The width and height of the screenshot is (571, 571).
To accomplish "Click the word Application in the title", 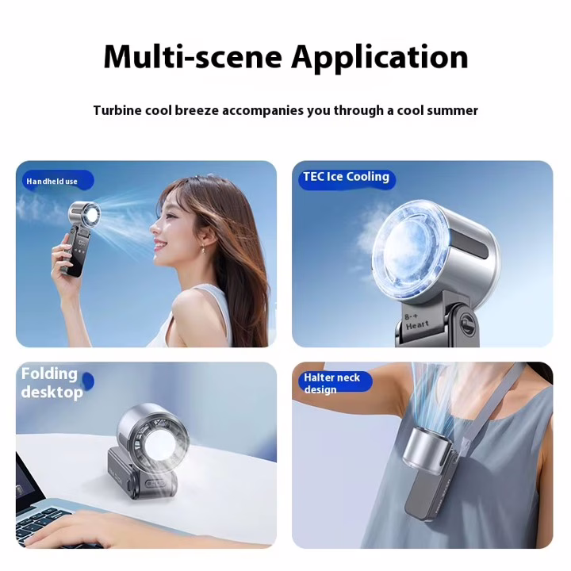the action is [x=379, y=58].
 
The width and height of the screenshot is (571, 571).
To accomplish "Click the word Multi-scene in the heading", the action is [x=193, y=56].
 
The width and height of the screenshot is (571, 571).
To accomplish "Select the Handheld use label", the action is [x=52, y=182].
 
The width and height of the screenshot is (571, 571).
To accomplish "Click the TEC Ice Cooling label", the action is [x=346, y=177].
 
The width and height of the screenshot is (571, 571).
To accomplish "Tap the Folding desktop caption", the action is [x=52, y=383].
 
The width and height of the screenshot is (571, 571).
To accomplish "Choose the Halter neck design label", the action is [x=331, y=383].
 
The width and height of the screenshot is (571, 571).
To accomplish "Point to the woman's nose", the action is [x=153, y=228].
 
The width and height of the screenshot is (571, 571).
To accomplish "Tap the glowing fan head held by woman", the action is [x=86, y=214].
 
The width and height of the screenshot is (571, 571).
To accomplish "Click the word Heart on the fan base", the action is [x=417, y=325].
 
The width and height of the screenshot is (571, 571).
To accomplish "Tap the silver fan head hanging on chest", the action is [x=425, y=447].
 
